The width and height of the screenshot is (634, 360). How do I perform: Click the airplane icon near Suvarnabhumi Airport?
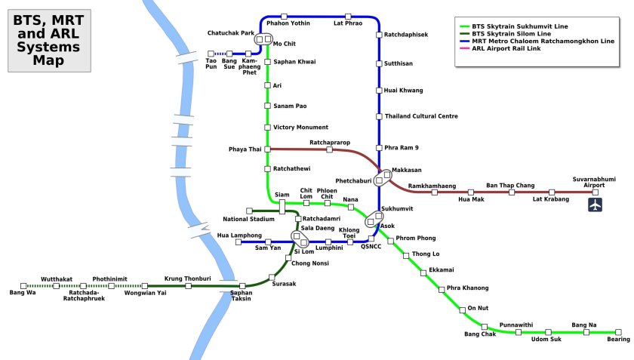[596, 205]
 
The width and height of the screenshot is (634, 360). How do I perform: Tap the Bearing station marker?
[618, 332]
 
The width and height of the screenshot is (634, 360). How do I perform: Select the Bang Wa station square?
[23, 286]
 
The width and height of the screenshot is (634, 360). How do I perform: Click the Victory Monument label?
[300, 128]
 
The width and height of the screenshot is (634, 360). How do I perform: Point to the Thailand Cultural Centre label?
[421, 116]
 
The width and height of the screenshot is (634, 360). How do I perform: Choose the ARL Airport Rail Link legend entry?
[506, 49]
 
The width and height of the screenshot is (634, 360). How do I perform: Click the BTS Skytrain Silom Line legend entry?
[510, 34]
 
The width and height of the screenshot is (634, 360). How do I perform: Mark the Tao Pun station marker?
[211, 54]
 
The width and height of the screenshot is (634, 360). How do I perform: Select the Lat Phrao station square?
[348, 16]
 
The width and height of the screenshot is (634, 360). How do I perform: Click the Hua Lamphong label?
[239, 235]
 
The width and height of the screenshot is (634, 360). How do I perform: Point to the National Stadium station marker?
[249, 211]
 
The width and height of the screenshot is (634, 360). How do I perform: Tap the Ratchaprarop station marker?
[329, 149]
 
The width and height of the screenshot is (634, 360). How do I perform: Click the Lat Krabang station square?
[549, 192]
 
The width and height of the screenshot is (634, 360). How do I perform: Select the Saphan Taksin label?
[242, 296]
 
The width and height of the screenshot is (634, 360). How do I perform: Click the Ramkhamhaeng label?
[432, 185]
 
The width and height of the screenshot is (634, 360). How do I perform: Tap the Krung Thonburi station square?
[188, 286]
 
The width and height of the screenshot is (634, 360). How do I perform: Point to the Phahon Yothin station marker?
[283, 16]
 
